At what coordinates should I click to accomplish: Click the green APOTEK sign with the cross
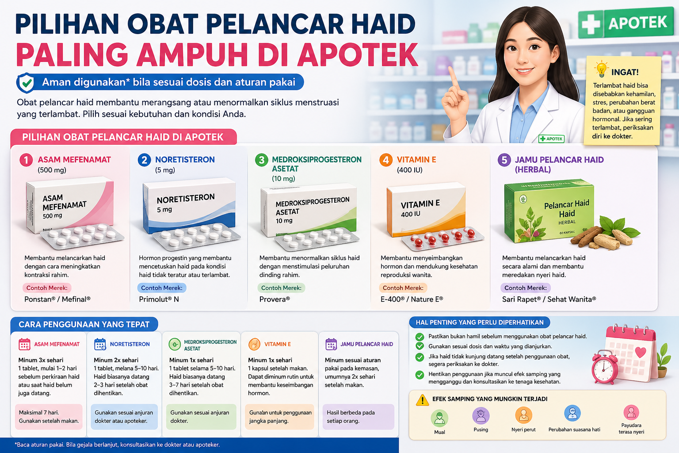coord(625,23)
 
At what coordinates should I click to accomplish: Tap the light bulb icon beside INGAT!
coord(601,70)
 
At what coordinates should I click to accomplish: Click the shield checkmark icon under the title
coord(26,83)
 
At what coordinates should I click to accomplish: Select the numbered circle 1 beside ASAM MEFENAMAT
coord(26,160)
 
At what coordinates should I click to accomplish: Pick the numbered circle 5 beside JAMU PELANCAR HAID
coord(504,160)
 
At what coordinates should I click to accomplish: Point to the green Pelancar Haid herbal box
coord(549,210)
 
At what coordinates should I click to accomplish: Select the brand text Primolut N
coord(159,299)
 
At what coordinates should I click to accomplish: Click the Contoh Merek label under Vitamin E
coord(403,288)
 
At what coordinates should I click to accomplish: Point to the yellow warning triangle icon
coord(422,400)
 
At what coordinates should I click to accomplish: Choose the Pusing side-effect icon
coord(481,416)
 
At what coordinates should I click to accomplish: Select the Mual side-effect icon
coord(439,418)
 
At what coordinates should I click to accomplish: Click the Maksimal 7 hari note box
coord(49,417)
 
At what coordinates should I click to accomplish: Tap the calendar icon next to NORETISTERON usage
coord(100,344)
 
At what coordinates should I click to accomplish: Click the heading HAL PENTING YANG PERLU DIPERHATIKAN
coord(480,322)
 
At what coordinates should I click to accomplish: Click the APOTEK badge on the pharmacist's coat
coord(551,139)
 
